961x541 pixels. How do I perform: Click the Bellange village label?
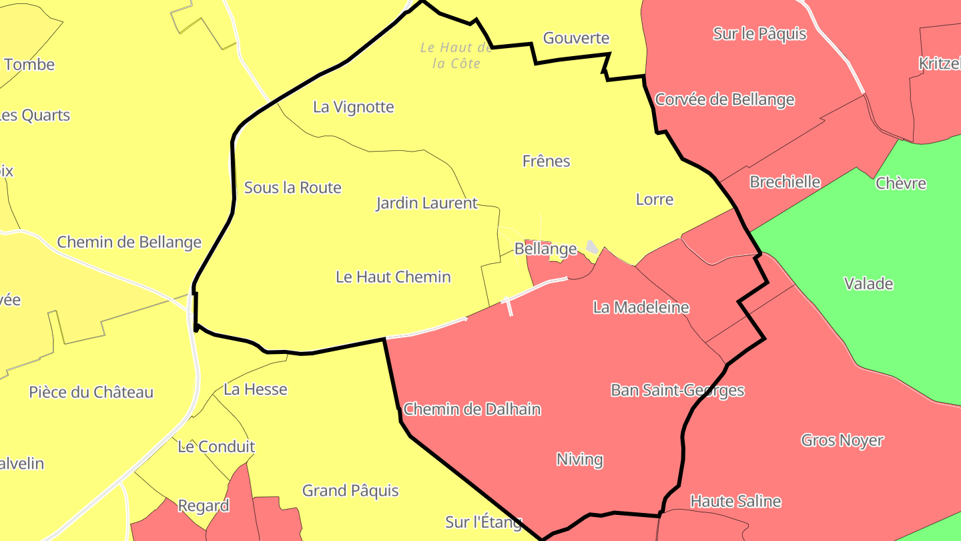point(545,249)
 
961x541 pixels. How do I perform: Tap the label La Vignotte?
point(354,107)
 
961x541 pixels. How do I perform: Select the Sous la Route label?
point(293,188)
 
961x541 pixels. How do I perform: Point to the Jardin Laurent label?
point(427,203)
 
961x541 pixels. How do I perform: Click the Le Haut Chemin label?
point(393,277)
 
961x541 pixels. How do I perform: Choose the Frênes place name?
point(546,161)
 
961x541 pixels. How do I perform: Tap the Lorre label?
point(655,199)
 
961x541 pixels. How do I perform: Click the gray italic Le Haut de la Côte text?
point(456,55)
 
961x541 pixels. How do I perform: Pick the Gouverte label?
point(577,38)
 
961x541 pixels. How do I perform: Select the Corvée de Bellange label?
point(725,100)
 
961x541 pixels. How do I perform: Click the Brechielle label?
point(785,182)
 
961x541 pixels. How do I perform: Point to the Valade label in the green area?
point(868,284)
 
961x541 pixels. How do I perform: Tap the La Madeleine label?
point(641,307)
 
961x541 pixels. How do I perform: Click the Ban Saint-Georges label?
point(677,390)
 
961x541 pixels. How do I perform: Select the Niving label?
point(579,460)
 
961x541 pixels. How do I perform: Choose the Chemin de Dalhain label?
point(472,409)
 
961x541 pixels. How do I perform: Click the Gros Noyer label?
point(842,440)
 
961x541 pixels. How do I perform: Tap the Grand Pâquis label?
point(350,491)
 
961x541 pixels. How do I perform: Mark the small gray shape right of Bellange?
point(592,247)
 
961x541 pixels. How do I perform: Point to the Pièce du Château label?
point(91,392)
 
